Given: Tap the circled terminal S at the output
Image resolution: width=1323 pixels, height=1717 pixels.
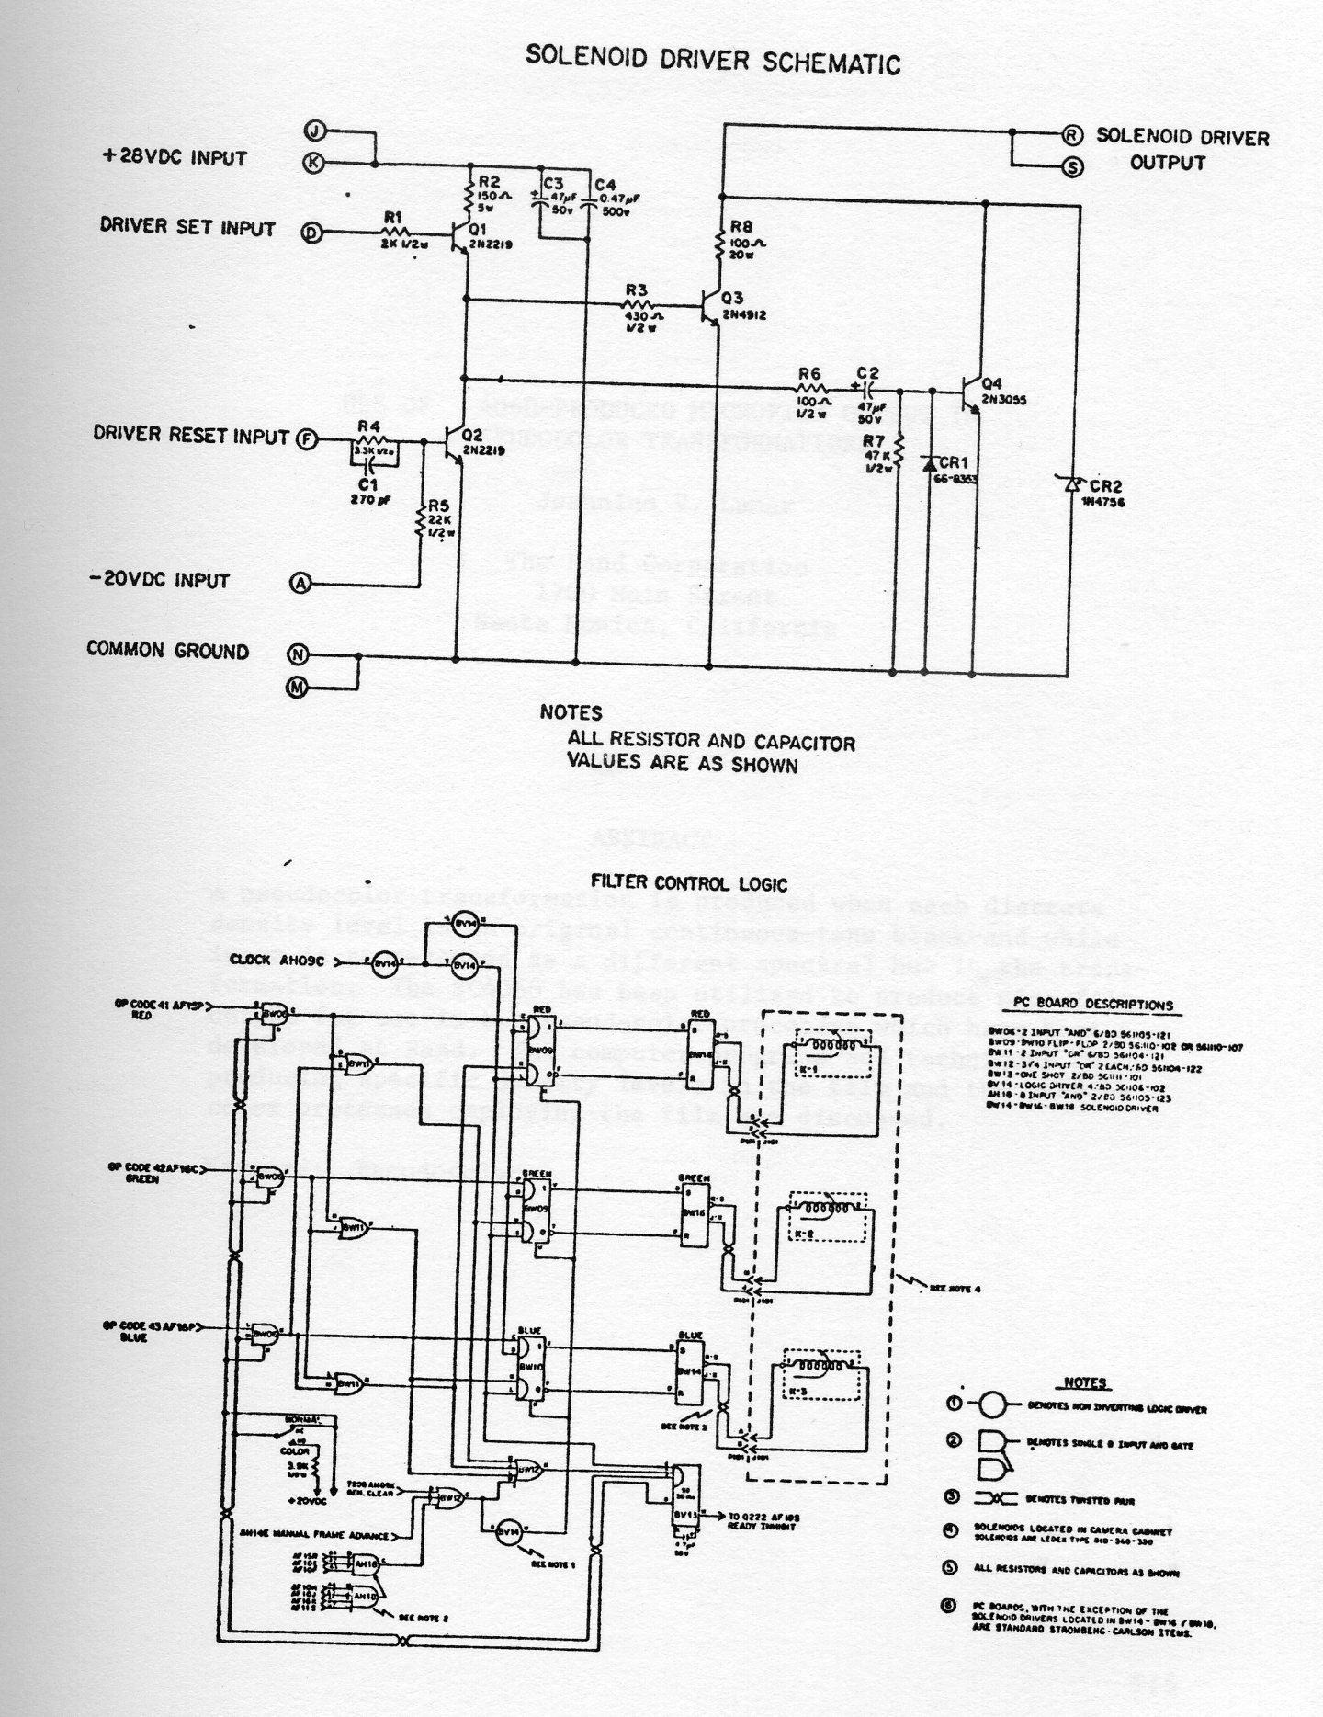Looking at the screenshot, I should coord(1072,166).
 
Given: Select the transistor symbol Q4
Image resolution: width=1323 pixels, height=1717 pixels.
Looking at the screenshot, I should coord(971,395).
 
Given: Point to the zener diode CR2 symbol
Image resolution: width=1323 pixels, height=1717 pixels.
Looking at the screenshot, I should coord(1071,486).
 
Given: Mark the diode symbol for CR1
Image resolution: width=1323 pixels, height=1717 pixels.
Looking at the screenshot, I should coord(926,463).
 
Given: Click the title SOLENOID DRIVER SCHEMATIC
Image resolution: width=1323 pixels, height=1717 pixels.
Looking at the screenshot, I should coord(712,61).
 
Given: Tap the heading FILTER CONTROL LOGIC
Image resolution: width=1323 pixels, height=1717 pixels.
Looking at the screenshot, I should coord(689,884).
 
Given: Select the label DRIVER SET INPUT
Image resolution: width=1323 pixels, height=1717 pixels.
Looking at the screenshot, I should coord(187,227).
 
